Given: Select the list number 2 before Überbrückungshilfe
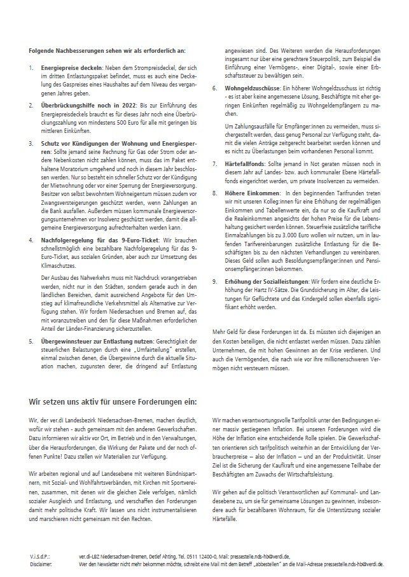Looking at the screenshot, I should click(x=32, y=104).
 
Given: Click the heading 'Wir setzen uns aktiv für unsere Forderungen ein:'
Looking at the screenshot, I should click(x=113, y=401).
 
